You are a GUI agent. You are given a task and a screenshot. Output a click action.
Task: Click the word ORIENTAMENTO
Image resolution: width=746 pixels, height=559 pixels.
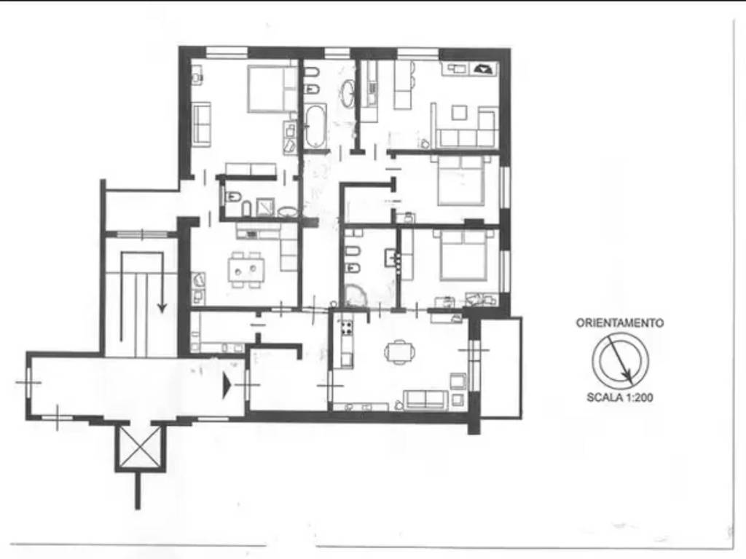619,323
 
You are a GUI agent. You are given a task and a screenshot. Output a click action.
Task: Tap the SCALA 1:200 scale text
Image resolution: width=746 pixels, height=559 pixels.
619,397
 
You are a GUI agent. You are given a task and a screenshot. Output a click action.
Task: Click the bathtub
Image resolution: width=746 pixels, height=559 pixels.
315,125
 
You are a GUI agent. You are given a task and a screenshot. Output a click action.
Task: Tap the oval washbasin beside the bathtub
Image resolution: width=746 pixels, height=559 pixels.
348,92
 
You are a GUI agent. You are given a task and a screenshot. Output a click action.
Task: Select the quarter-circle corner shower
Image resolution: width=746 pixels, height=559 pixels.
355,295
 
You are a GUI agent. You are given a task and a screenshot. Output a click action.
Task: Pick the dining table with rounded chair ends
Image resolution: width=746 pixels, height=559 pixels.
400,352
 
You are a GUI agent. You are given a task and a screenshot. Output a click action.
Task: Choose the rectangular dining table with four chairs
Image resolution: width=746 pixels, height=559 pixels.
246,269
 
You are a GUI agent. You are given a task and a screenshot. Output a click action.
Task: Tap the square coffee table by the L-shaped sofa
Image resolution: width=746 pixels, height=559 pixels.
460,113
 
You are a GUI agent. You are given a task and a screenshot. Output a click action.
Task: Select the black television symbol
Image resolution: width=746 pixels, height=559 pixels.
484,69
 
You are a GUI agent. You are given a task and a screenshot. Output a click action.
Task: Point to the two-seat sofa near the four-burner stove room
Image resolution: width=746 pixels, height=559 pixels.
425,400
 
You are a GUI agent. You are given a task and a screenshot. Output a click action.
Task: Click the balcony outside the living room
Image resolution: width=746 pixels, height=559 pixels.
500,368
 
